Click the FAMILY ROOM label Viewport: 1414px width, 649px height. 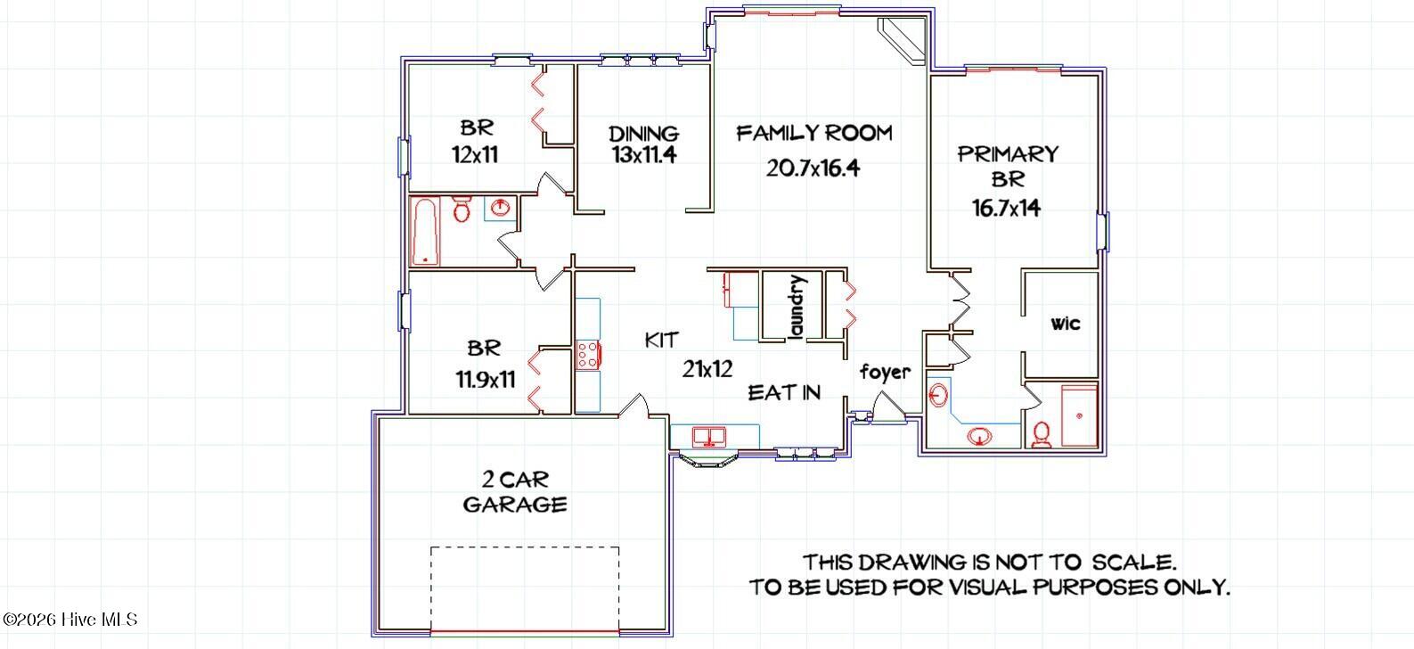(x=813, y=134)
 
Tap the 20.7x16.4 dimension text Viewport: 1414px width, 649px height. (x=812, y=168)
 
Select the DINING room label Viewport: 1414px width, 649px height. (x=643, y=134)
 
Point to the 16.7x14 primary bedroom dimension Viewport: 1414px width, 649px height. (x=1006, y=209)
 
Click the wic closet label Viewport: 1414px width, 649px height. (x=1065, y=323)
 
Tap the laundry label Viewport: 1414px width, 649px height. (x=797, y=307)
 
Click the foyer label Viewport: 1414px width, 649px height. (x=885, y=372)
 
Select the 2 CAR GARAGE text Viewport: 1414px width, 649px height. (x=514, y=491)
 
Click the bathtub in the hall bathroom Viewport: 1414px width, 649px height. (x=425, y=231)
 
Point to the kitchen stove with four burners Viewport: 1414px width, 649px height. (x=588, y=355)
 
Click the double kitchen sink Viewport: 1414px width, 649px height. (x=710, y=437)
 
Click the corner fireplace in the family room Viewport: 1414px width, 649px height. (x=903, y=41)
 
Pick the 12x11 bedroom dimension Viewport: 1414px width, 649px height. (x=475, y=154)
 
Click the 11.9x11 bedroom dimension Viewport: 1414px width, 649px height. (x=486, y=380)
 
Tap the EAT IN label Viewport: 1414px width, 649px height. (x=783, y=392)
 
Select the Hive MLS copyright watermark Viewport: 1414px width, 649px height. (x=69, y=619)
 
